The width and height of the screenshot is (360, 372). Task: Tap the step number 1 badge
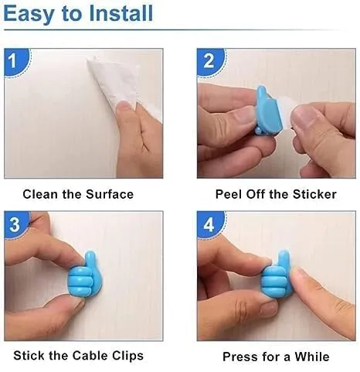click(16, 62)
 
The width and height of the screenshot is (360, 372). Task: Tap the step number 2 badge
click(211, 62)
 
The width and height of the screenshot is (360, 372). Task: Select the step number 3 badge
click(16, 224)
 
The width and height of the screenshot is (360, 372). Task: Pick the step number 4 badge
click(210, 224)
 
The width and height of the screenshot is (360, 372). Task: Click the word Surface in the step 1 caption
click(110, 194)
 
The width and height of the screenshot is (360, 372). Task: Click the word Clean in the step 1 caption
click(40, 194)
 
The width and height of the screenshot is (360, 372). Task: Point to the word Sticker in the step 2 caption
click(314, 194)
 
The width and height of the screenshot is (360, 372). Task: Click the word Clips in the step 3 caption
click(127, 357)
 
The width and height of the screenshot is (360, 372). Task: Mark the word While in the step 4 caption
click(312, 357)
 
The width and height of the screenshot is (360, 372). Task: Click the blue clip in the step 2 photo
click(267, 111)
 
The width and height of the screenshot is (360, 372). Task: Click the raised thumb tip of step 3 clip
click(90, 254)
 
